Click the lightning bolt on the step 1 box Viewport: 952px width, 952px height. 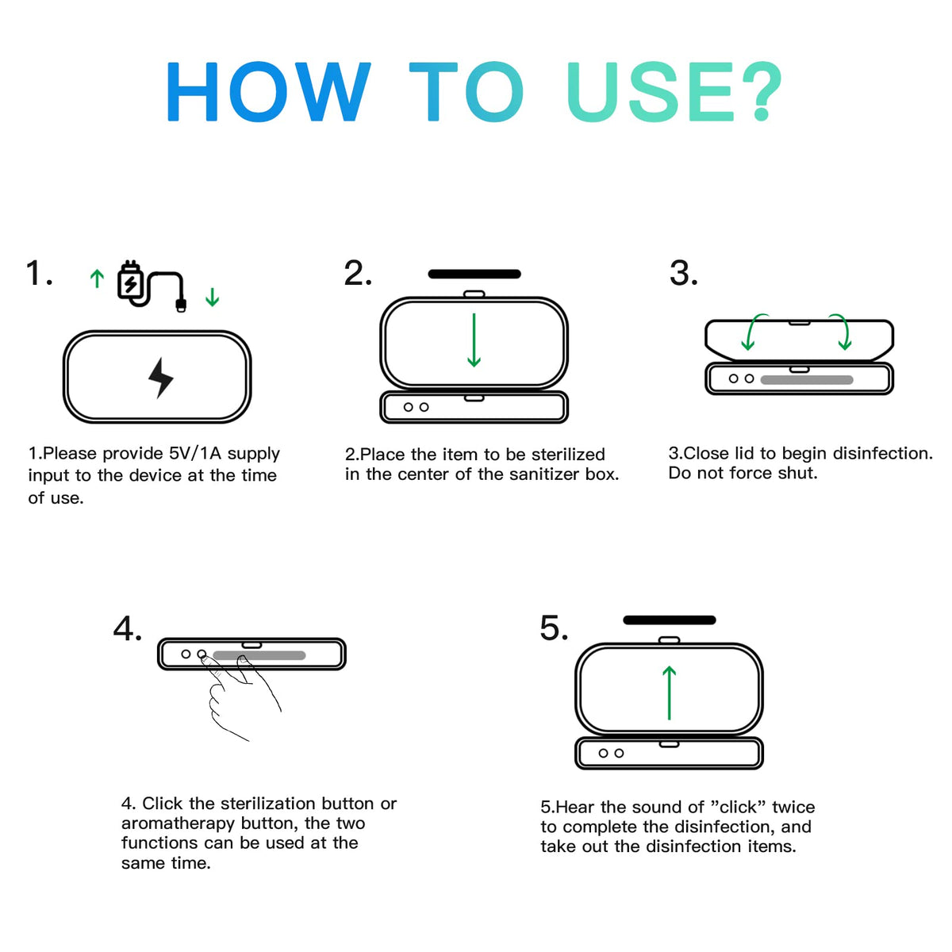pyautogui.click(x=160, y=378)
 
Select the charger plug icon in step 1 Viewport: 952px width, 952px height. pyautogui.click(x=131, y=281)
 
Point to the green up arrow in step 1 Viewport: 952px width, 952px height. pyautogui.click(x=98, y=278)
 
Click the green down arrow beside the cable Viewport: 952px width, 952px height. pyautogui.click(x=213, y=297)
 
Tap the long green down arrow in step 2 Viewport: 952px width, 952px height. pyautogui.click(x=474, y=340)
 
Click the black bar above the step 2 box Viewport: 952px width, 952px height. pyautogui.click(x=474, y=274)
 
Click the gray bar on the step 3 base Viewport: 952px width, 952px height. pyautogui.click(x=807, y=379)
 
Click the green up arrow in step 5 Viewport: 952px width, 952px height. pyautogui.click(x=669, y=693)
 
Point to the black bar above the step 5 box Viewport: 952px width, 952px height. pyautogui.click(x=670, y=620)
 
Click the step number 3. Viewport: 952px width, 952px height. pyautogui.click(x=683, y=273)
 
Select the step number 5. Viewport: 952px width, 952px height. pyautogui.click(x=554, y=628)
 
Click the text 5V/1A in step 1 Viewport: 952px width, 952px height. pyautogui.click(x=195, y=454)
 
